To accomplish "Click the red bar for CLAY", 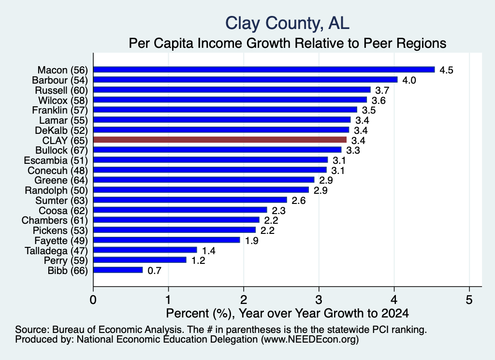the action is click(220, 140).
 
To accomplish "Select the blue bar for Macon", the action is click(264, 70).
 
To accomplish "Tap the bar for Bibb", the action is click(118, 270).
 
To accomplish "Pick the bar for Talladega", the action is click(145, 250).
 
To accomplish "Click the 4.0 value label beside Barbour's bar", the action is click(409, 80).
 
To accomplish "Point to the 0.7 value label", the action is click(154, 271).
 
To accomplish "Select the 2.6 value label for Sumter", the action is click(299, 201).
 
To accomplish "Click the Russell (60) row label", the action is click(61, 90).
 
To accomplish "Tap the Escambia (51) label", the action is click(56, 160).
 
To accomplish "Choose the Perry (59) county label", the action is click(66, 260).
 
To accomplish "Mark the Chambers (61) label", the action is click(55, 220).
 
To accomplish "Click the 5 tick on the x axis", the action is click(469, 300).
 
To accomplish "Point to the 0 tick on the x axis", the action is click(93, 300).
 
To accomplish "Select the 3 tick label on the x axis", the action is click(319, 300).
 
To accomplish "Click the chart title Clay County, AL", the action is click(287, 23).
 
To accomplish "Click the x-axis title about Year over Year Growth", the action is click(287, 313).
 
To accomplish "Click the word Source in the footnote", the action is click(32, 330).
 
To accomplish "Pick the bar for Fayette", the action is click(167, 240).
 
